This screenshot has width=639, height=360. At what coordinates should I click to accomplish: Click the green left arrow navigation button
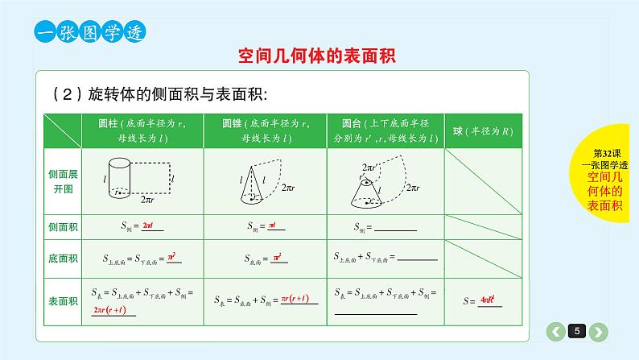[555, 331]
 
